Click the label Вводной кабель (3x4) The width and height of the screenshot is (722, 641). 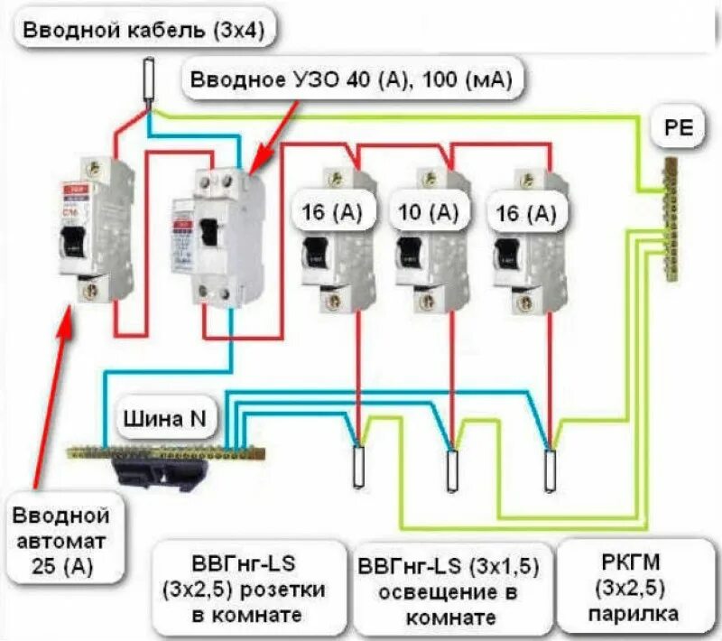144,30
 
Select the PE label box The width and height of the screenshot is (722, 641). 678,129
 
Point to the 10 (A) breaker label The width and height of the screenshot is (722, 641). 429,214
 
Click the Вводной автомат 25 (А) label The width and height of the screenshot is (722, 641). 60,542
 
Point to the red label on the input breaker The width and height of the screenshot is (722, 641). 71,190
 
